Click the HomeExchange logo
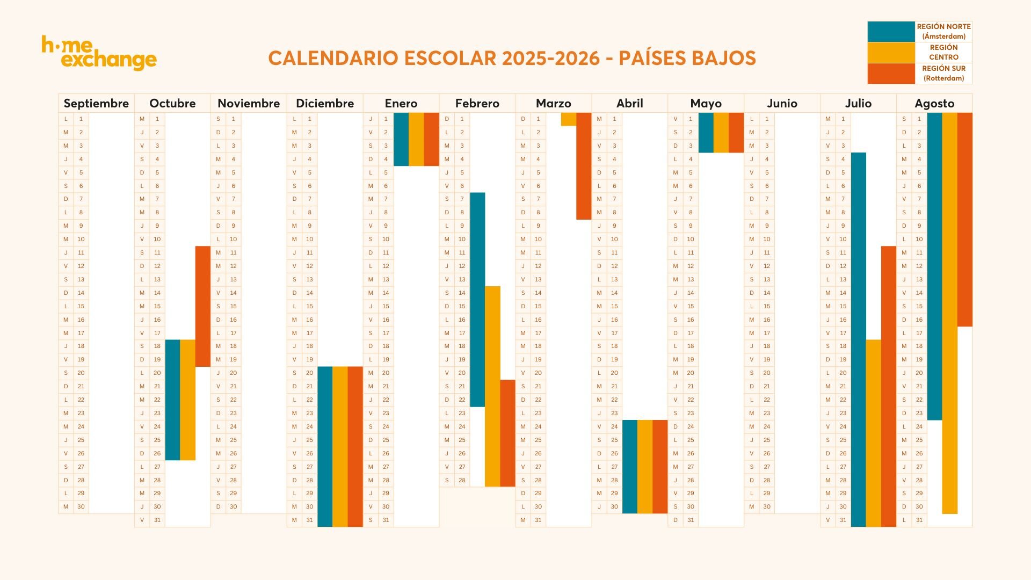click(99, 53)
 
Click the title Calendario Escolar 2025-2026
click(512, 58)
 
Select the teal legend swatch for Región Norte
click(891, 32)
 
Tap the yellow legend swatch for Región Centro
click(891, 53)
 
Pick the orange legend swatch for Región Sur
click(891, 74)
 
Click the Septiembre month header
click(96, 103)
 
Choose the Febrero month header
click(477, 103)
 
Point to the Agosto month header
click(934, 103)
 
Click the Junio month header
click(782, 103)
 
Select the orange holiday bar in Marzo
click(584, 166)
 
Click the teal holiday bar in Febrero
click(477, 299)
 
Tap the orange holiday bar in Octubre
click(203, 306)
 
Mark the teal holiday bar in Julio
click(858, 339)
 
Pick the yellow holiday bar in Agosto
click(949, 313)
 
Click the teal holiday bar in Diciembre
click(325, 446)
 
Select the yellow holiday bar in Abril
click(645, 467)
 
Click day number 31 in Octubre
click(157, 520)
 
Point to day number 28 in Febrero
click(462, 480)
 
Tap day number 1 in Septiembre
click(81, 119)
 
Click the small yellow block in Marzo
click(568, 119)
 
